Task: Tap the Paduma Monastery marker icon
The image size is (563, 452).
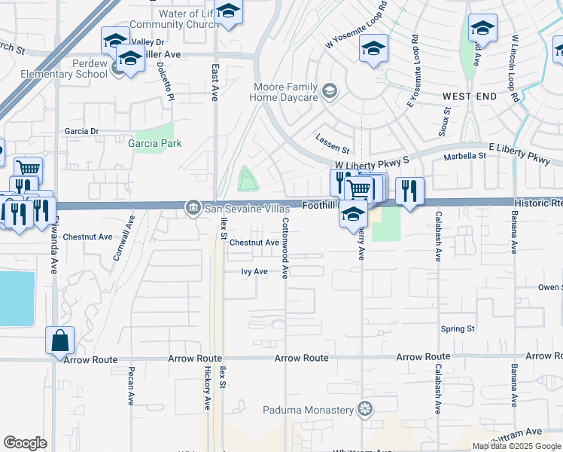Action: [366, 410]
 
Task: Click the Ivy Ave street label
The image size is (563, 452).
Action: [254, 271]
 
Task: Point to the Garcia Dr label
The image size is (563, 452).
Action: [81, 131]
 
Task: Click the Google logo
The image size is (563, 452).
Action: [25, 443]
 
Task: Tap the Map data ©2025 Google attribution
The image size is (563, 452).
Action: [516, 446]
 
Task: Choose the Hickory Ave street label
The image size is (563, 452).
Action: [208, 389]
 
